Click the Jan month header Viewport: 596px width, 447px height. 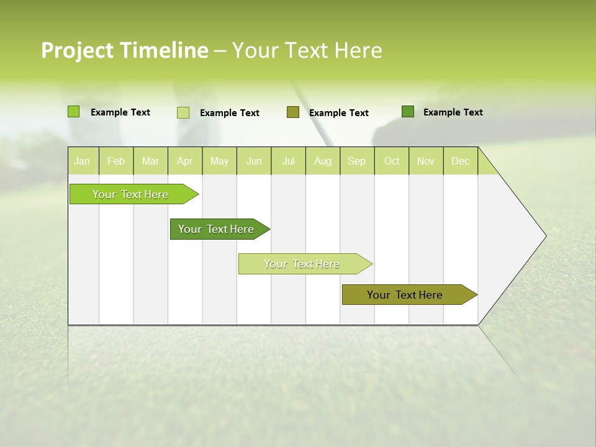(82, 161)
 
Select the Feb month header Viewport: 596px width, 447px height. (116, 161)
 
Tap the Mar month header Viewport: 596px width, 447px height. (150, 161)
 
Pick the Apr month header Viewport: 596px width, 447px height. (184, 161)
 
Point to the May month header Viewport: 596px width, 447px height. (219, 161)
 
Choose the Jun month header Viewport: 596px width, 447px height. (254, 161)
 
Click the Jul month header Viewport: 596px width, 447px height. (288, 161)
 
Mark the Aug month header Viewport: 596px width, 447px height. (322, 161)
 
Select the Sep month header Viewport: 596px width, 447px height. (356, 161)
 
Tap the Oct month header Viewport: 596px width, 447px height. (392, 161)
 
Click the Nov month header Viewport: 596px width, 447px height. (425, 161)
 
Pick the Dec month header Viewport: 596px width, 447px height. (460, 161)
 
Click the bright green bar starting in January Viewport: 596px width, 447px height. (131, 194)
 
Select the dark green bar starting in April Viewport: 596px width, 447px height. (217, 229)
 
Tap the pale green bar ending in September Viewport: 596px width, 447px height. (302, 264)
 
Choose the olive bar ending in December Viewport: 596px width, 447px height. (405, 295)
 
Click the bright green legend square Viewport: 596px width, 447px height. (73, 112)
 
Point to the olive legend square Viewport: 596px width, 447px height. (293, 112)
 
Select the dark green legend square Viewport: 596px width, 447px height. (408, 112)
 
